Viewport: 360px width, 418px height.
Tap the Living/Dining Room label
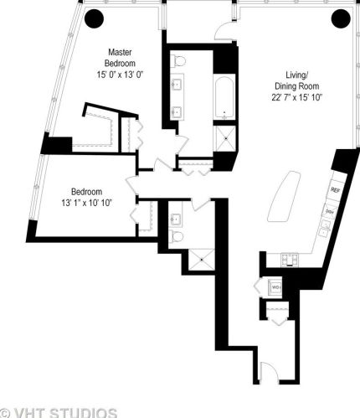298,85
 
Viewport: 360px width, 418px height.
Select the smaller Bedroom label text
86,189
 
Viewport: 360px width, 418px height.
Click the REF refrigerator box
334,190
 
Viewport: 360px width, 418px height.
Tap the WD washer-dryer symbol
275,287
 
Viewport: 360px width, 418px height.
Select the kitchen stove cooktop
290,258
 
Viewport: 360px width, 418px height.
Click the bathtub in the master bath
225,99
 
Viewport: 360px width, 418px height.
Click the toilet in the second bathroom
176,237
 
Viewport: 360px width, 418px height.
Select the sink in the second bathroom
176,219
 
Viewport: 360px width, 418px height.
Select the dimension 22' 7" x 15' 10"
298,98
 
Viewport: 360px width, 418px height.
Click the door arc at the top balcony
224,32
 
